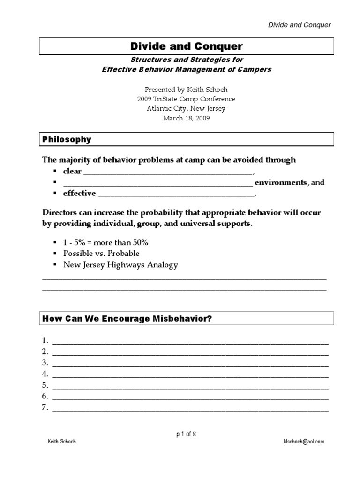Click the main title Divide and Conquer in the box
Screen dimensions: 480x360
tap(187, 46)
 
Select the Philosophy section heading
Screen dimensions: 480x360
tap(67, 139)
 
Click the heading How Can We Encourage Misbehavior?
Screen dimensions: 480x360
tap(127, 318)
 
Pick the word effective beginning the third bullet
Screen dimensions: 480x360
tap(79, 193)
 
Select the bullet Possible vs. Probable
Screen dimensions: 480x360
tap(101, 253)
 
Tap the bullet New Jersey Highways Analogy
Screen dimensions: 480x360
tap(120, 264)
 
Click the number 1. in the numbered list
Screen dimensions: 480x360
tap(45, 340)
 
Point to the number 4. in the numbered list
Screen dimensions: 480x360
tap(45, 374)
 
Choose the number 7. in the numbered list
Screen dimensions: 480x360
tap(45, 407)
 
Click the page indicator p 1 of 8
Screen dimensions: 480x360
tap(186, 434)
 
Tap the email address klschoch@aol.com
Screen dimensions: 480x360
tap(304, 442)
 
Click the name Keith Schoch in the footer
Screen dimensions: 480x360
tap(62, 442)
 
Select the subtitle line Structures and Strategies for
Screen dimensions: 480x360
tap(187, 60)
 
